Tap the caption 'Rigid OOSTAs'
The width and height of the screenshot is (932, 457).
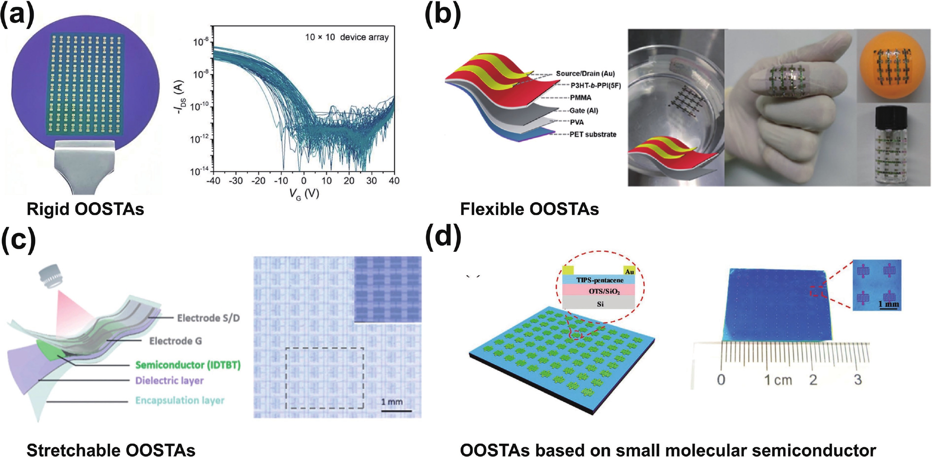pos(86,209)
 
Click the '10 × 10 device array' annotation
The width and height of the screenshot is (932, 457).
pos(346,37)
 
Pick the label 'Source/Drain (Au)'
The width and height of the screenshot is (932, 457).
pos(585,73)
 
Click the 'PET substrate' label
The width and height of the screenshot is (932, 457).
pos(593,134)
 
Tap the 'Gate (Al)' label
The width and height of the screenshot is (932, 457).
pos(583,111)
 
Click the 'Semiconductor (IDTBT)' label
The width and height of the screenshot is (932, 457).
pos(188,365)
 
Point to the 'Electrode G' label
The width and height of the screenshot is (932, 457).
pos(175,341)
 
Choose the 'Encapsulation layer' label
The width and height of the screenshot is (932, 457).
pos(180,401)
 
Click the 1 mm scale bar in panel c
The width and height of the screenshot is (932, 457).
pos(396,410)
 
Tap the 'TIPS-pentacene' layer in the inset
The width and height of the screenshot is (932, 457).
pos(600,280)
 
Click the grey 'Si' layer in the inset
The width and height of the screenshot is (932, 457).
pos(600,304)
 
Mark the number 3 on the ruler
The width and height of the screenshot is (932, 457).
pos(858,380)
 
